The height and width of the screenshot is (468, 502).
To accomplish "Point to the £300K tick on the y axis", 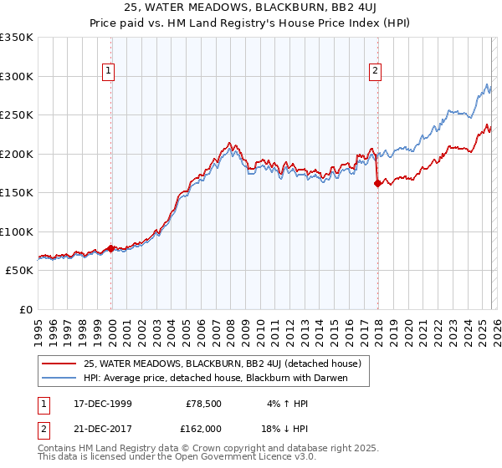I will coord(17,76).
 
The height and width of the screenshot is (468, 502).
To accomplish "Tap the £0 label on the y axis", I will coord(25,309).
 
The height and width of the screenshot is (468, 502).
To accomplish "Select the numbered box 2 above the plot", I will coord(376,72).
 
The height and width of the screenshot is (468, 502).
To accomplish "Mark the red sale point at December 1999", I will coord(110,248).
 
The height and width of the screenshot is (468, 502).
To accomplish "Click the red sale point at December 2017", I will coord(377,184).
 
